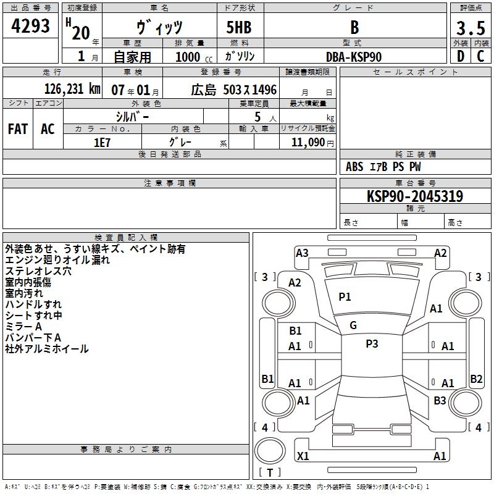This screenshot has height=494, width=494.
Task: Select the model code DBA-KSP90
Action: [354, 57]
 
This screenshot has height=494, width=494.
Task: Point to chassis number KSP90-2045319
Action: [415, 196]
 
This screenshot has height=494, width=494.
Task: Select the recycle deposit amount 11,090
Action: [305, 142]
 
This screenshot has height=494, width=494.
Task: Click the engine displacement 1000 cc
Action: [188, 57]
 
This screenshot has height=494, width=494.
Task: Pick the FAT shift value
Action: [18, 129]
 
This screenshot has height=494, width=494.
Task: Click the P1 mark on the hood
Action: [345, 297]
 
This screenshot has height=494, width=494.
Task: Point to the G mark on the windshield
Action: [353, 325]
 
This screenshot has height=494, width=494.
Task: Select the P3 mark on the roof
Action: [372, 344]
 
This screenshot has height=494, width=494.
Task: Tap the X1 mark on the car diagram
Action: [303, 456]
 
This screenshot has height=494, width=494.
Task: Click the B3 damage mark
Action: [440, 401]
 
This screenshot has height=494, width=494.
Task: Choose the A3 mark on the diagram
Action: [302, 253]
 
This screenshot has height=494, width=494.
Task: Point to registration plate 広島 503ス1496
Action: [233, 90]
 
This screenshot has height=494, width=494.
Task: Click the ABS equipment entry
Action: [354, 167]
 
